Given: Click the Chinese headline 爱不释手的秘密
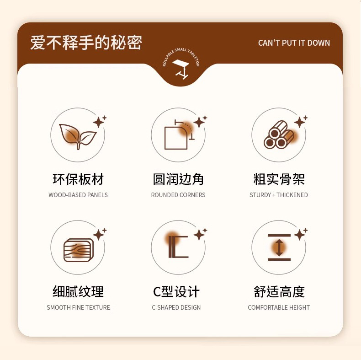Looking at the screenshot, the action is click(x=86, y=43).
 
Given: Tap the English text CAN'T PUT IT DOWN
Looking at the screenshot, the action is click(x=294, y=43).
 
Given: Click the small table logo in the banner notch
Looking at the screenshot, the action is click(x=181, y=69).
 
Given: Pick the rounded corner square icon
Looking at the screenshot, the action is click(x=180, y=135).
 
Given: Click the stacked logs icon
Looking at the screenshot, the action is click(x=279, y=135).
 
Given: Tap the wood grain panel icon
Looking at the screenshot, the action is click(x=79, y=250).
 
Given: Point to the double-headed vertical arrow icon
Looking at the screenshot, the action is click(x=279, y=247).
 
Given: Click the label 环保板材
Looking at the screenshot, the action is click(x=78, y=179).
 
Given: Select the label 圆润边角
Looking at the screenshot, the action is click(x=178, y=179).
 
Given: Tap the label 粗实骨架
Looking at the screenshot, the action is click(x=279, y=179).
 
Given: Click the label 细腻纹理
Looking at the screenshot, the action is click(x=78, y=291).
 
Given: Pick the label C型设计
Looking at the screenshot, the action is click(x=176, y=291).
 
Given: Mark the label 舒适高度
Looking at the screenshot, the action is click(x=279, y=291).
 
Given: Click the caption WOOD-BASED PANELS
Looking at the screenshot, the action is click(x=78, y=195).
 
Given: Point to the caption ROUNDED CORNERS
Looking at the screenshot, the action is click(x=178, y=195).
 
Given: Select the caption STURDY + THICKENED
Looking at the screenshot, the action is click(x=279, y=195).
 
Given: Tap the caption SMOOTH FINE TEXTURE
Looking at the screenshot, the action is click(x=78, y=307).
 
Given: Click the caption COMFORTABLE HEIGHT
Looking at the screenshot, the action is click(x=279, y=307).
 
